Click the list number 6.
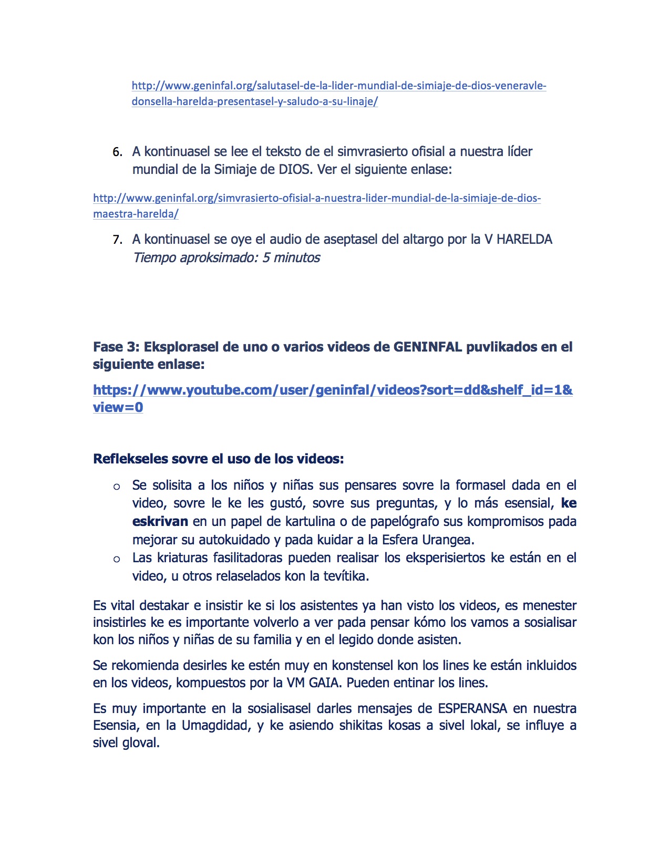117,152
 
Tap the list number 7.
117,240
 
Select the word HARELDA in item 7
524,240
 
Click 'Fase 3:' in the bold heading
116,347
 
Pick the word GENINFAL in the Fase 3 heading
427,347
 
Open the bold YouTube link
333,390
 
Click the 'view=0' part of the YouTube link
118,407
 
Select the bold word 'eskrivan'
160,521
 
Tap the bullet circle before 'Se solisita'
117,487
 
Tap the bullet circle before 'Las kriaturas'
117,559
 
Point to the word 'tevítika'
344,576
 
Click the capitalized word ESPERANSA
472,708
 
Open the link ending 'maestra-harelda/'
136,214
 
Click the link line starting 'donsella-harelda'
254,101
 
